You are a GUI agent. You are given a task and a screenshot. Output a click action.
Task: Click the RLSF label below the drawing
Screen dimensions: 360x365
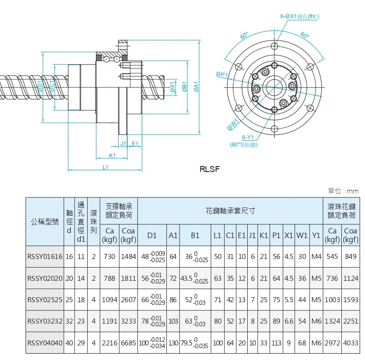210,169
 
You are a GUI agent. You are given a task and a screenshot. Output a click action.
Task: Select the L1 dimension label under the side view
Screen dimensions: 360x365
105,167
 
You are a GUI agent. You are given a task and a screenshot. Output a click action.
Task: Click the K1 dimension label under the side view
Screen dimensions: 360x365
112,155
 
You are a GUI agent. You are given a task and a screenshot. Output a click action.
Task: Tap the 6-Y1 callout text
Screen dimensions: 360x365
248,137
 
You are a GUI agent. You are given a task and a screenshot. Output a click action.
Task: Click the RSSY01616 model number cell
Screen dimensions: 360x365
45,257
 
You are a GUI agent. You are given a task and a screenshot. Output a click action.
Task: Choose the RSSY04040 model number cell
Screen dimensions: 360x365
45,343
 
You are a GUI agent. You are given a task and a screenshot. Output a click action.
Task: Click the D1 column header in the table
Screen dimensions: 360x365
152,235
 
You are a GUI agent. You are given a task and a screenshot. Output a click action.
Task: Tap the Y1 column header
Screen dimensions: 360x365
317,235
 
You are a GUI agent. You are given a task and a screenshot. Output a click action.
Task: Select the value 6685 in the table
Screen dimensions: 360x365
129,343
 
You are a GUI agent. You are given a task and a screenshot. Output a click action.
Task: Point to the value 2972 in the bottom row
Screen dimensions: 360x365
332,343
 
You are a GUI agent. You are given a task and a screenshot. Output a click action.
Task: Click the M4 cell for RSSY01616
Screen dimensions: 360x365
317,257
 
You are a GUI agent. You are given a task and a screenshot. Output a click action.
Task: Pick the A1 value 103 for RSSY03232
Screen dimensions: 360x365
173,321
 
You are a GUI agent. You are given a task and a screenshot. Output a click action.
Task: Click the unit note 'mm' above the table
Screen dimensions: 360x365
353,191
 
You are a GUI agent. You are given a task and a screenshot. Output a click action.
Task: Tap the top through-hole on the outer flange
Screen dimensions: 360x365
275,46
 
